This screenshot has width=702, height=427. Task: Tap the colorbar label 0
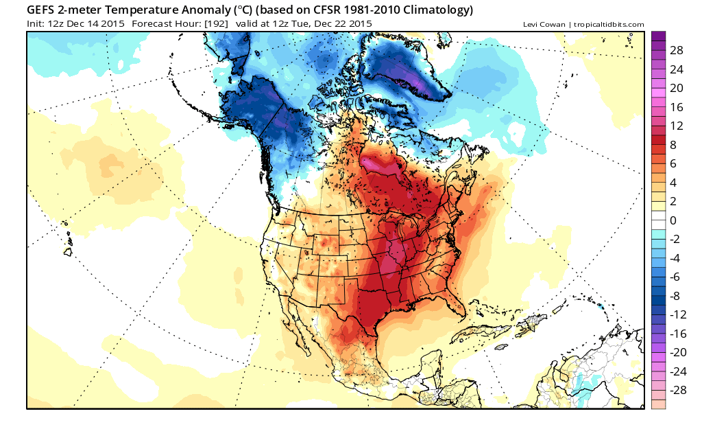[x=673, y=220]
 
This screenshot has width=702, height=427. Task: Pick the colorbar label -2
[x=675, y=239]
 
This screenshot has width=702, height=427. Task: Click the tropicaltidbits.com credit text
[x=609, y=25]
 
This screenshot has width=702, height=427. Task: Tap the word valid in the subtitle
[x=246, y=24]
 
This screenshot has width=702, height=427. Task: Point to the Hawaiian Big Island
[x=68, y=252]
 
